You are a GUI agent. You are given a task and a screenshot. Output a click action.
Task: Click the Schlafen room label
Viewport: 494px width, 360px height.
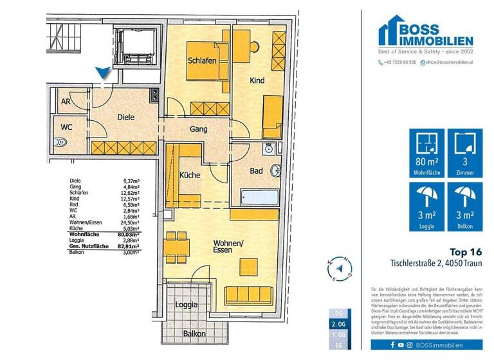point(201,61)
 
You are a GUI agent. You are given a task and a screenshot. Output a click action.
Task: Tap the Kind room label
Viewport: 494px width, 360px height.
point(257,80)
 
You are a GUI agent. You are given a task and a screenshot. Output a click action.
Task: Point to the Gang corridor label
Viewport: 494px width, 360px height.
point(198,130)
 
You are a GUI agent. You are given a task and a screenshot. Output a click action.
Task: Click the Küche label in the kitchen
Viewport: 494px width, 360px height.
point(190,175)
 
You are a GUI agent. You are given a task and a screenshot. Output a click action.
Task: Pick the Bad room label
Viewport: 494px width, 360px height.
point(257,171)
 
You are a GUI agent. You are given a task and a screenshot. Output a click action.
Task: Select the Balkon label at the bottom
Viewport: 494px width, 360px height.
point(194,334)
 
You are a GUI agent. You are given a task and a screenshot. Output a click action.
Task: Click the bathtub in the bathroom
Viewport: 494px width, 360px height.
point(260,196)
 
